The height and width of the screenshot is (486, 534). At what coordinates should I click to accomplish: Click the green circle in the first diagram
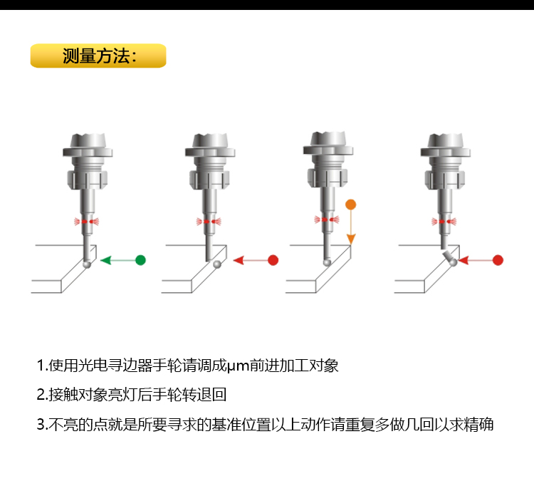pyautogui.click(x=140, y=260)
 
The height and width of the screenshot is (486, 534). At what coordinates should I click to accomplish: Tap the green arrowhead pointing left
pyautogui.click(x=106, y=260)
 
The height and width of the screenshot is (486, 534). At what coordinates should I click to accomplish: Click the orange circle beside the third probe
pyautogui.click(x=351, y=205)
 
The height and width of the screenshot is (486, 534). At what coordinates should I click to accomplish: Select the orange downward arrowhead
pyautogui.click(x=351, y=239)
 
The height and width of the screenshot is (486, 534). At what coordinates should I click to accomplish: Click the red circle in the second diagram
pyautogui.click(x=273, y=260)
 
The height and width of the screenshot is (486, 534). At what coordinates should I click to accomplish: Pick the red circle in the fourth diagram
pyautogui.click(x=498, y=260)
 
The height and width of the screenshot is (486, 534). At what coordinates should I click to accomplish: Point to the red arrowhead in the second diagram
pyautogui.click(x=239, y=260)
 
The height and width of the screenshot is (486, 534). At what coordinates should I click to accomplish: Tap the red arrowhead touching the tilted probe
pyautogui.click(x=464, y=260)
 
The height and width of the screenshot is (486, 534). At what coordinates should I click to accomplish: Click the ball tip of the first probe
pyautogui.click(x=87, y=264)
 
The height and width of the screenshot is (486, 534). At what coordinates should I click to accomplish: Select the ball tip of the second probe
pyautogui.click(x=217, y=264)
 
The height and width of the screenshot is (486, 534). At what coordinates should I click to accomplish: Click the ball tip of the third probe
pyautogui.click(x=327, y=262)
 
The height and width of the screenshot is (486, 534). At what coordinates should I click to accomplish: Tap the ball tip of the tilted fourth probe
pyautogui.click(x=454, y=262)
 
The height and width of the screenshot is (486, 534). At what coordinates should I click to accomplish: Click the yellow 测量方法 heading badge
pyautogui.click(x=98, y=56)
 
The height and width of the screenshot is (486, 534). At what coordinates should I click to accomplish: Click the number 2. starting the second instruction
pyautogui.click(x=42, y=395)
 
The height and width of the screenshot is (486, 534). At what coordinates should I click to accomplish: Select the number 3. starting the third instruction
pyautogui.click(x=42, y=425)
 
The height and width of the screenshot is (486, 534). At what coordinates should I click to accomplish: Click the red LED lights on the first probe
pyautogui.click(x=86, y=222)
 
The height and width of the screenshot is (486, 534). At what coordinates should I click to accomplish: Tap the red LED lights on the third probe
pyautogui.click(x=327, y=219)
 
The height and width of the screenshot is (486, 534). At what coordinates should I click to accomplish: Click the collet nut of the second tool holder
pyautogui.click(x=209, y=178)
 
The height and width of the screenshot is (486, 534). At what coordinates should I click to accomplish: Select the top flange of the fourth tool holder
pyautogui.click(x=446, y=152)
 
